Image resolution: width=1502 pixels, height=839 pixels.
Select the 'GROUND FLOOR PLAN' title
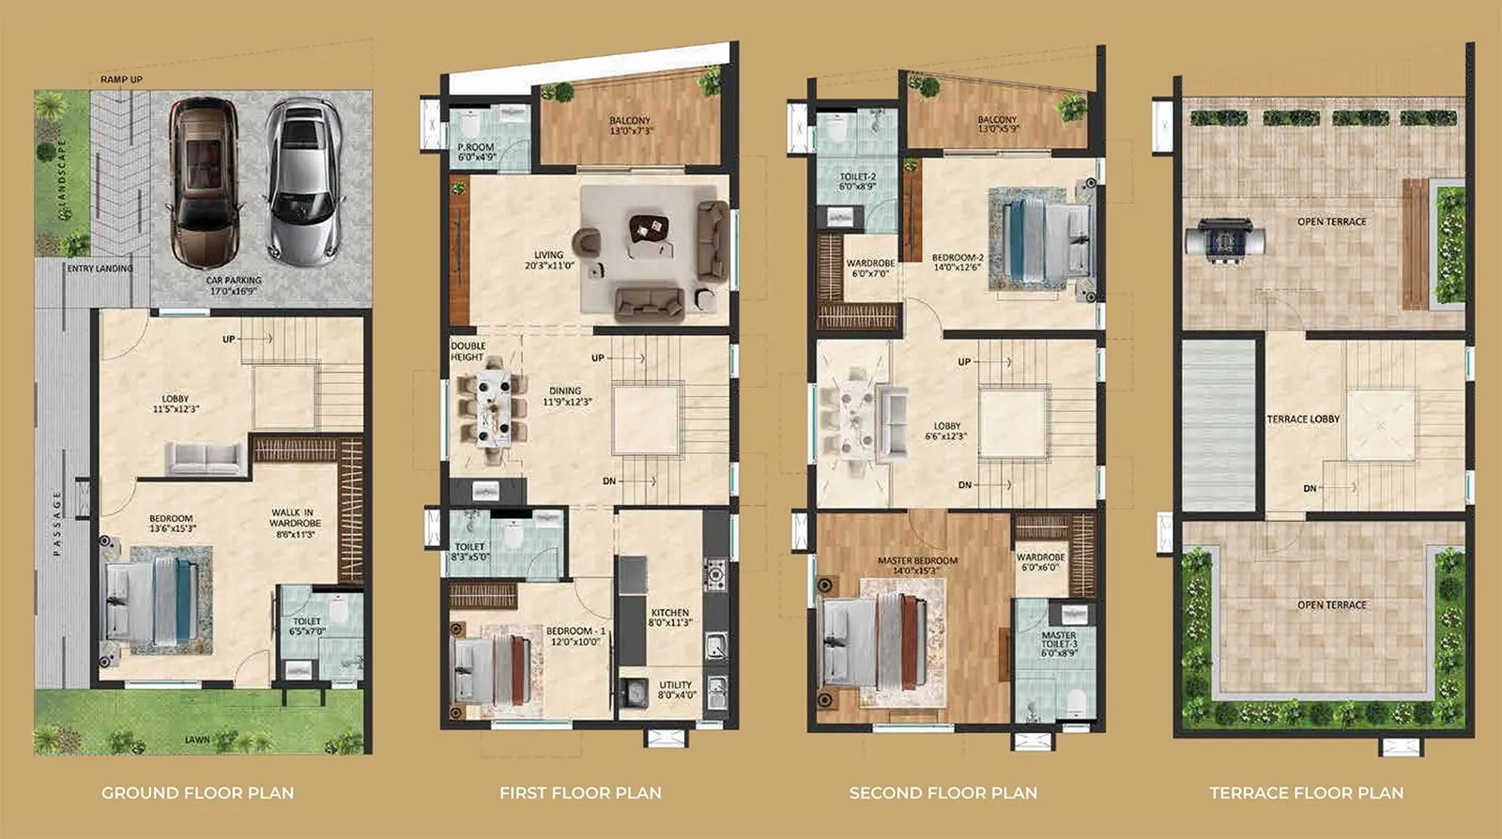pos(197,793)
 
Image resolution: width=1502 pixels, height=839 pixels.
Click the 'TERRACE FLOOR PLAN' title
pos(1306,793)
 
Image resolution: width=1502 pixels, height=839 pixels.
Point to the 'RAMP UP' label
pos(122,80)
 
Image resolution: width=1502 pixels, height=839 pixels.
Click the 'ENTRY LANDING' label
pos(100,268)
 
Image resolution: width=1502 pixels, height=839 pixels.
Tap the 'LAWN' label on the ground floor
pos(197,740)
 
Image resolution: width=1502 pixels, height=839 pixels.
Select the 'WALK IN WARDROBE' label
pos(295,524)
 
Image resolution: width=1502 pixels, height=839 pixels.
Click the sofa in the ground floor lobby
pos(206,458)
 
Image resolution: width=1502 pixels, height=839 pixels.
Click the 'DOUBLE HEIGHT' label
pos(467,352)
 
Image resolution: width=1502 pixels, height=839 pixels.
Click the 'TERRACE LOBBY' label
pos(1303,419)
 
